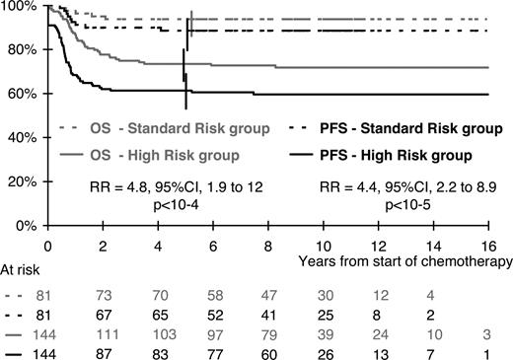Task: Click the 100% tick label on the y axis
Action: point(19,7)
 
